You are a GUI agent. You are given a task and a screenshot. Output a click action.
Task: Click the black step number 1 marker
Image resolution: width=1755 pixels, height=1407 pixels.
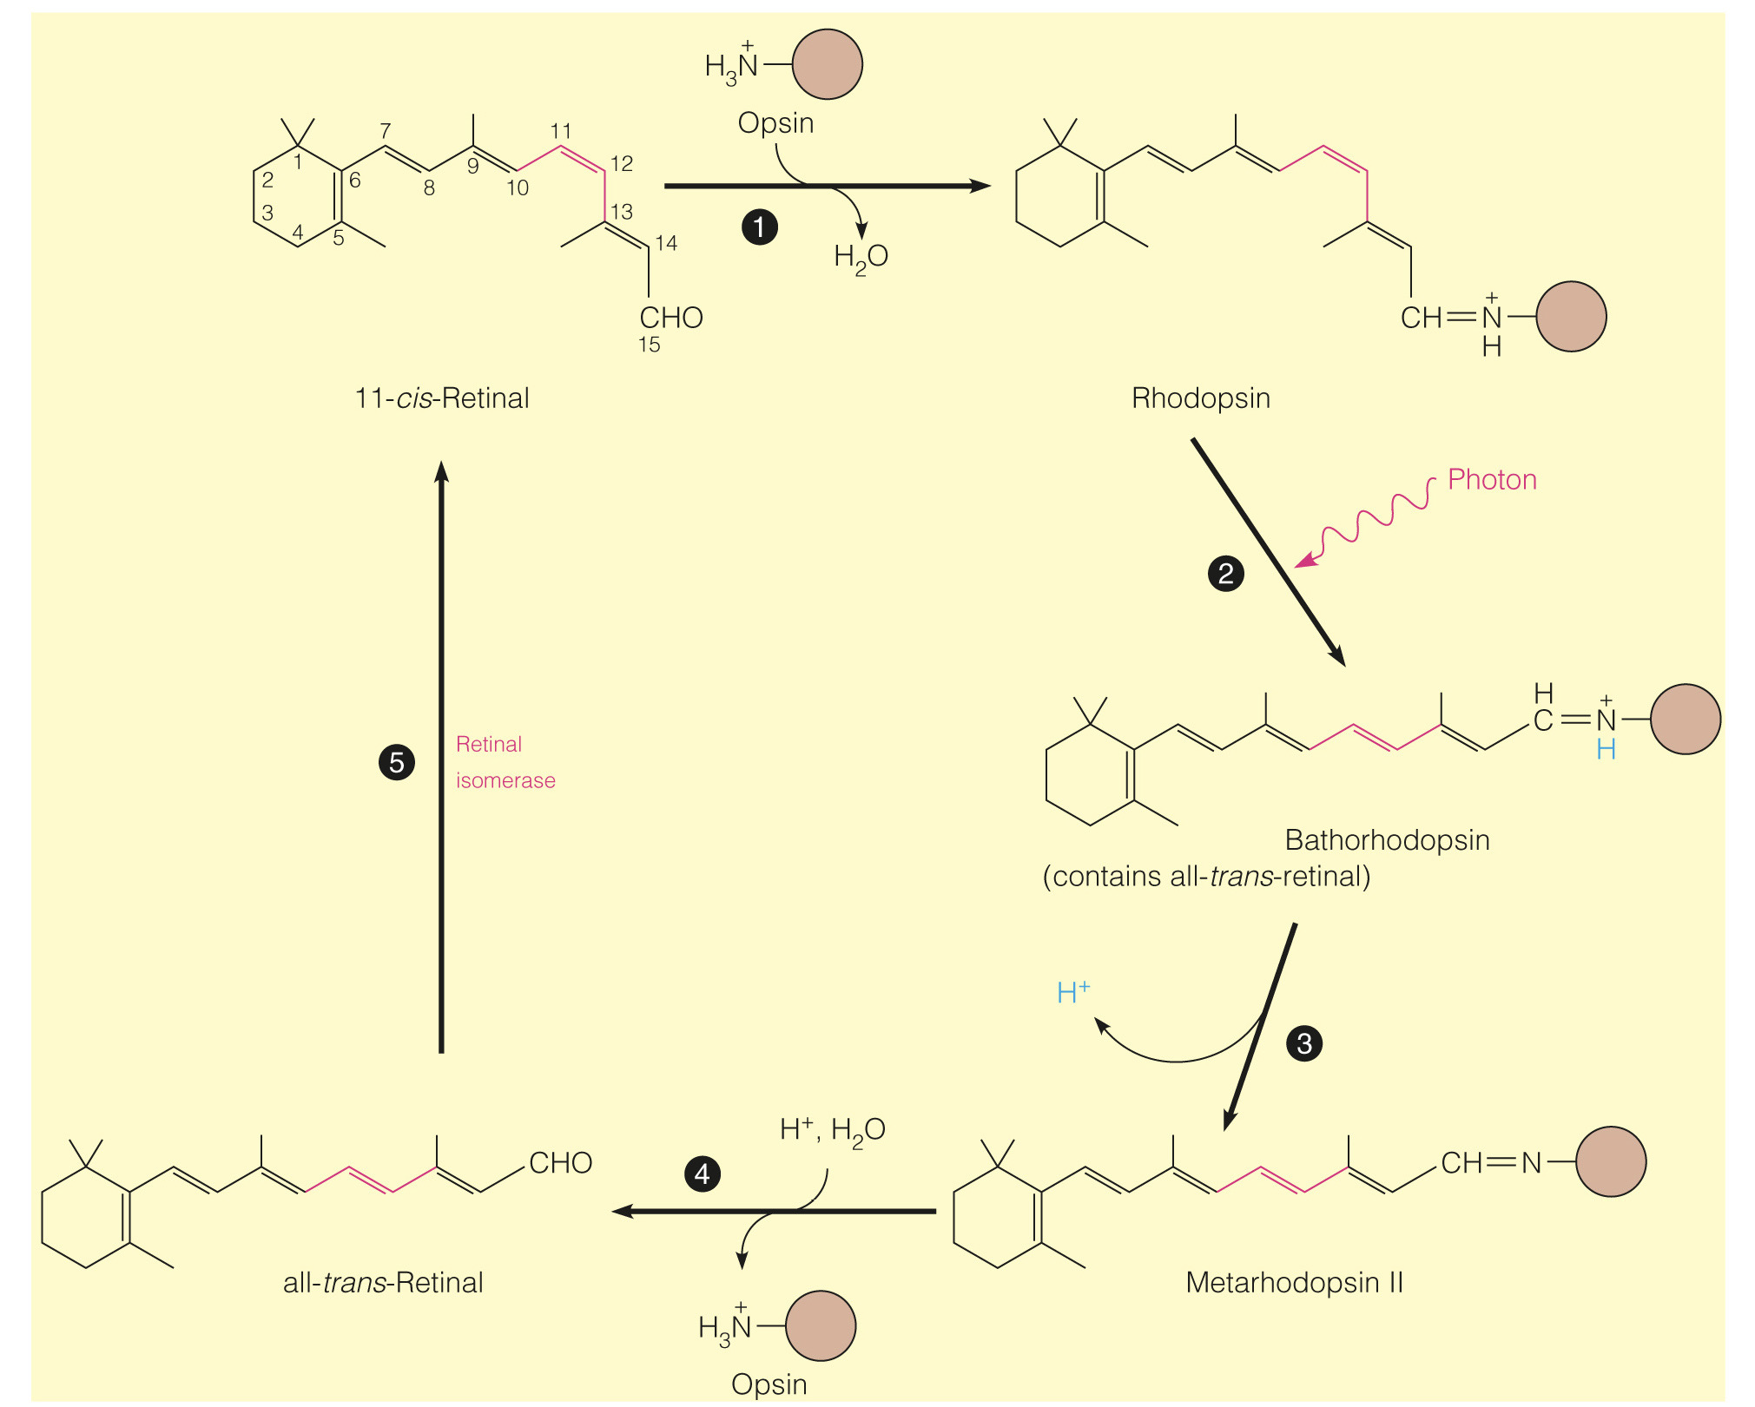(760, 227)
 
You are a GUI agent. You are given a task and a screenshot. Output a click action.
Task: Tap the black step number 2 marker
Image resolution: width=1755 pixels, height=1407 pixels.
(1226, 574)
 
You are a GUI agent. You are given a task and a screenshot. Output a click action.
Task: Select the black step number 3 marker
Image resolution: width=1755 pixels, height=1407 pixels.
(1304, 1043)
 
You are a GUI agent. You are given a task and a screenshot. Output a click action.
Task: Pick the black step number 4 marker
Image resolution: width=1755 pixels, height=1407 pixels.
(703, 1174)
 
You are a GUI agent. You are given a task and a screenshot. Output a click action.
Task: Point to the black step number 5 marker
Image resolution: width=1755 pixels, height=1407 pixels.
(397, 763)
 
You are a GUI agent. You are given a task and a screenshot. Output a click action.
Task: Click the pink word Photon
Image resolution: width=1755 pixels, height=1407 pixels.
(1492, 480)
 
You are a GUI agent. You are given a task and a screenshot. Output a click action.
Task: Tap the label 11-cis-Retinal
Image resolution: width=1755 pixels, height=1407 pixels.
(442, 398)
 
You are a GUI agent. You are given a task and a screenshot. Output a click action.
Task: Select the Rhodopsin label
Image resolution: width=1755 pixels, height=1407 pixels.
(1201, 398)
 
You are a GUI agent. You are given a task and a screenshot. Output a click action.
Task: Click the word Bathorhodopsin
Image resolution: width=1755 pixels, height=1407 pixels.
(1387, 840)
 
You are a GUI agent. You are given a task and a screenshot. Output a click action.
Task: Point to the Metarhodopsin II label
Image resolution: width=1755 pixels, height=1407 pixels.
(1294, 1283)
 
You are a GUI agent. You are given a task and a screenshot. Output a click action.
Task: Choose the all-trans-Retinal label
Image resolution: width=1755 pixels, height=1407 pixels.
(383, 1283)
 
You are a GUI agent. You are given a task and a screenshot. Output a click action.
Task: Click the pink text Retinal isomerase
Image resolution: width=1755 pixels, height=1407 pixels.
(505, 762)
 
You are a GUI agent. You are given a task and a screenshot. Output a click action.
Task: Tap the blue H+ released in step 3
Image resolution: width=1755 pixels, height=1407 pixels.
(1073, 992)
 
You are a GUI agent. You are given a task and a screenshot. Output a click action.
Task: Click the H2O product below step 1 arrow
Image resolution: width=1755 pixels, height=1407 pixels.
(861, 257)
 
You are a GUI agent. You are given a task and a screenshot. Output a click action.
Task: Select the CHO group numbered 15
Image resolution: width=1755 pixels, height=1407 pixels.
(671, 318)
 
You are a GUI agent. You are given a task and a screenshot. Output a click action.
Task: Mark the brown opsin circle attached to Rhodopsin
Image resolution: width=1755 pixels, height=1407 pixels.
(1571, 317)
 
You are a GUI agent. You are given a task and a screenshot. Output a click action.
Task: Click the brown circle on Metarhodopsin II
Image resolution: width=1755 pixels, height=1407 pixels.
(1611, 1162)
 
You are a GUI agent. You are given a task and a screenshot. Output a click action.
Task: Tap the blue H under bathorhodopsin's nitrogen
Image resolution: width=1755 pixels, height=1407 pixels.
(1606, 750)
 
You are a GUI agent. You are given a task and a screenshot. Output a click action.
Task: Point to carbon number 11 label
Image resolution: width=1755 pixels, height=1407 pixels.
(561, 131)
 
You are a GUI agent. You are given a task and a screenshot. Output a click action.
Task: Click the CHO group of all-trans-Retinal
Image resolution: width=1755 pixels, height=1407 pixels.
(561, 1163)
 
